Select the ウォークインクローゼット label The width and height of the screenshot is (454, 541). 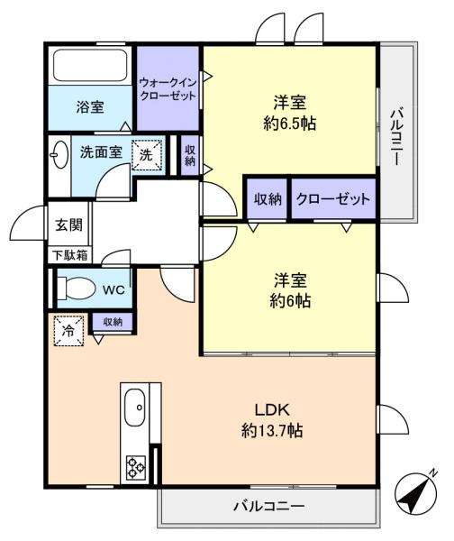click(168, 87)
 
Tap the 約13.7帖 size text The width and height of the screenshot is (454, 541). click(271, 431)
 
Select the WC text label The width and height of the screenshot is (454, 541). click(113, 290)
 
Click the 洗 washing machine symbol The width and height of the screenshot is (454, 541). click(148, 154)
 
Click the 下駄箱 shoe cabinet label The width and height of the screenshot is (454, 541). click(68, 254)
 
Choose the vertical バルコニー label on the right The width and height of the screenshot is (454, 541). click(395, 136)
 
